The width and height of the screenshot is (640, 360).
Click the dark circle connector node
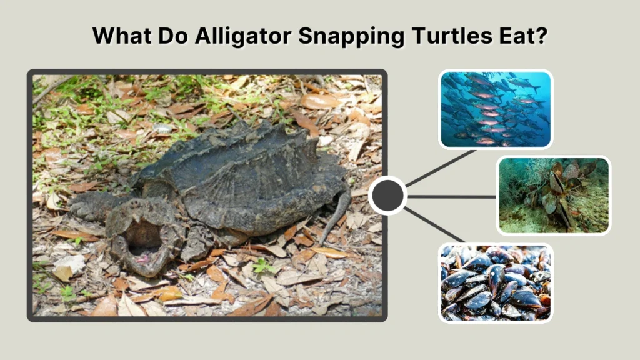[387, 196]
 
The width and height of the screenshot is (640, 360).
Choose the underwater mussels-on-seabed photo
[553, 195]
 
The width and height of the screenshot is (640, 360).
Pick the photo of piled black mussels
[495, 282]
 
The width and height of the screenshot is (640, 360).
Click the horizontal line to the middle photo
[452, 196]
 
